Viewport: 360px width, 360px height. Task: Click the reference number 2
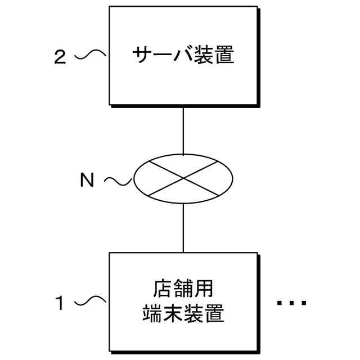point(60,57)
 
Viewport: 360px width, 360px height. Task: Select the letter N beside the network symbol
point(87,180)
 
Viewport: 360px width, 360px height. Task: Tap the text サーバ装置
point(183,56)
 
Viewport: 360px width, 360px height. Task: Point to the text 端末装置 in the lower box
point(183,313)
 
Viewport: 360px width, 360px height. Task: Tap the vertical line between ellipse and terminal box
point(183,227)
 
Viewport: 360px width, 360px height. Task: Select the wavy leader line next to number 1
point(91,302)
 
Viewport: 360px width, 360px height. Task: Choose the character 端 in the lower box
point(152,313)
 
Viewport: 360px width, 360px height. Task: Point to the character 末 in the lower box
point(173,313)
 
